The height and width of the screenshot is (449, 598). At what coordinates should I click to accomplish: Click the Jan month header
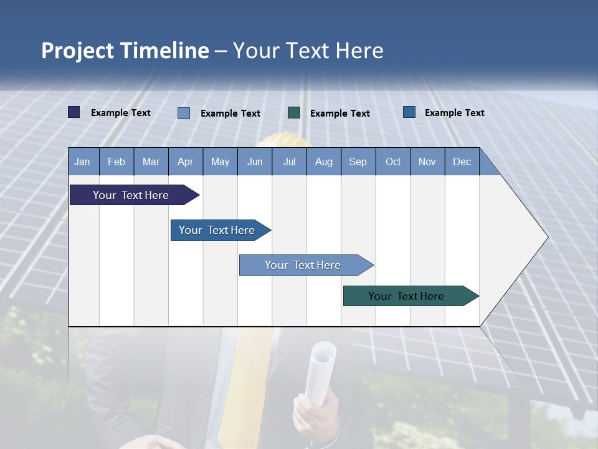pos(83,162)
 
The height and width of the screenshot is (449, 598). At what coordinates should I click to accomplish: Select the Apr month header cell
pos(186,162)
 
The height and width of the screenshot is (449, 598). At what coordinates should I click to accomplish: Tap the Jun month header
pos(255,162)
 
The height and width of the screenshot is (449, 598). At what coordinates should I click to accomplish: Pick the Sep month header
pos(358,162)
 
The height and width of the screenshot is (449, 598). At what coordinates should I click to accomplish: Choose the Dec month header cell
pos(462,162)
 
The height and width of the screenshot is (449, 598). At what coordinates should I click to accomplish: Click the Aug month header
pos(324,162)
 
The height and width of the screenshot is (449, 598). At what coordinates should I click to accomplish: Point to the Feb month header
pos(116,162)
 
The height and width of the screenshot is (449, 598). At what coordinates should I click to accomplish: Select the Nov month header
pos(427,162)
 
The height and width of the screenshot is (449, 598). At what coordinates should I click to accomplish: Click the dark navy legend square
pos(74,112)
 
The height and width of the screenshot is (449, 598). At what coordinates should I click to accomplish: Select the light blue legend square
pos(184,113)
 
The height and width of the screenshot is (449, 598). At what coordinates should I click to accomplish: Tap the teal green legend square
pos(294,113)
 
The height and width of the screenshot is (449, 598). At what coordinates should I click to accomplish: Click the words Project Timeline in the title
pos(125,51)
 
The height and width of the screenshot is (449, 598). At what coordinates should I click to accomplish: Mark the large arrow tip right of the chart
pos(529,237)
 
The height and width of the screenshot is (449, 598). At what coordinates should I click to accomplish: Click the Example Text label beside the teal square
pos(340,113)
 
